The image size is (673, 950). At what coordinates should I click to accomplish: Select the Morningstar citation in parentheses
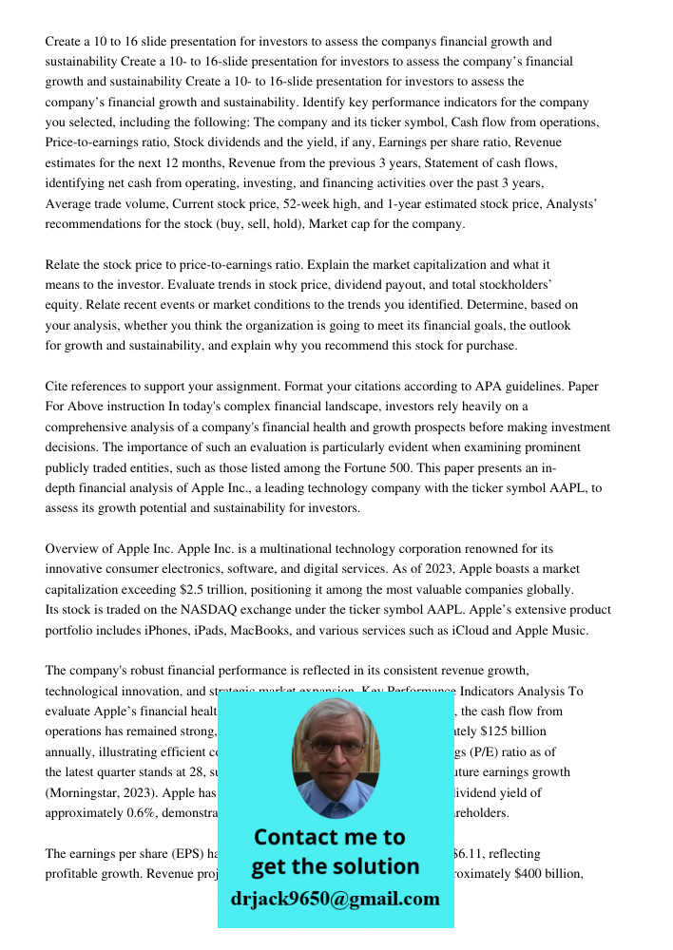click(x=91, y=792)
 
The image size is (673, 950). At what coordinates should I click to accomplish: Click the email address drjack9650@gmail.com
click(x=336, y=899)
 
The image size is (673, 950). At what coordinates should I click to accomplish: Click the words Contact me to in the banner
click(x=330, y=837)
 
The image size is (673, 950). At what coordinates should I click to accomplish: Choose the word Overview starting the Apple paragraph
click(x=73, y=549)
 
